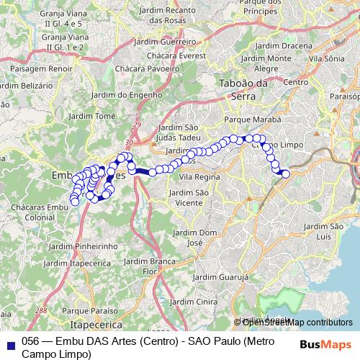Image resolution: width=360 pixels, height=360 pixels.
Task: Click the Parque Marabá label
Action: [x=251, y=120]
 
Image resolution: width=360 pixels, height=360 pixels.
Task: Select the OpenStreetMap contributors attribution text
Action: [x=293, y=322]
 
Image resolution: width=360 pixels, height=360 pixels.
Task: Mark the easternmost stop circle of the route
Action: [x=286, y=174]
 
